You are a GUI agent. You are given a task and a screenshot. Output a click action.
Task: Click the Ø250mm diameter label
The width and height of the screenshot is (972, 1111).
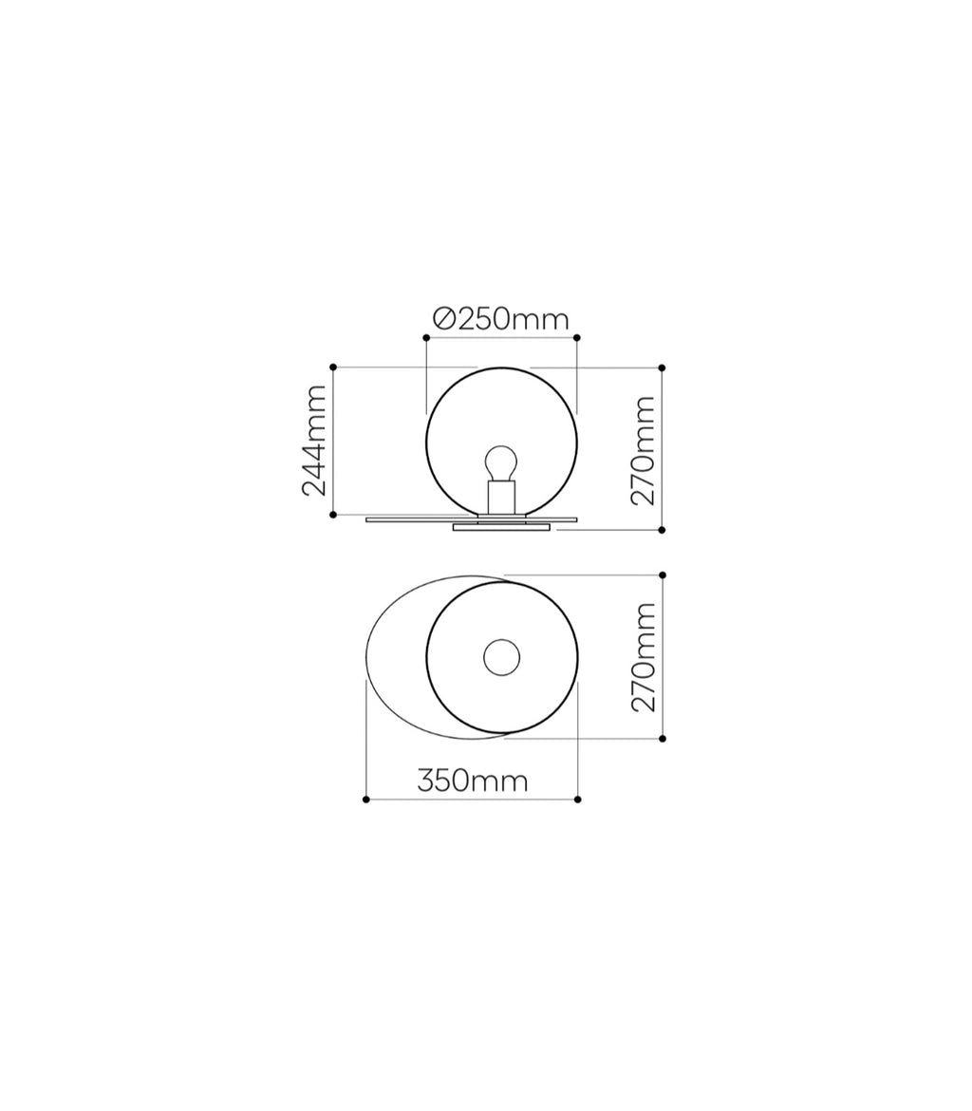tap(501, 320)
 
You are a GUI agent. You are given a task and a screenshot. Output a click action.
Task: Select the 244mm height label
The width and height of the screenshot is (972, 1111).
tap(314, 441)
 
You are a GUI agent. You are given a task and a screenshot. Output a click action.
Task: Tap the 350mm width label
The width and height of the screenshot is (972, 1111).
tap(473, 781)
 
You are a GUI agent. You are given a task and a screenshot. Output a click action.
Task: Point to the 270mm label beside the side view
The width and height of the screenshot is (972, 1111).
tap(643, 451)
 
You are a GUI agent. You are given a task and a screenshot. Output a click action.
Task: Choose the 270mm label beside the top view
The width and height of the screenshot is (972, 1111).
tap(643, 657)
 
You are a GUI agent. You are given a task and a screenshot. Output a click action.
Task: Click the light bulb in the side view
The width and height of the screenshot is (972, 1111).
tap(501, 463)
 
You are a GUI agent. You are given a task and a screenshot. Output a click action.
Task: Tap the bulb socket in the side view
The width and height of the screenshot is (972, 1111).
tap(501, 498)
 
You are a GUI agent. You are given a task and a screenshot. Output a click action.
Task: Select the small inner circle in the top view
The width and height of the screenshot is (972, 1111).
tap(501, 657)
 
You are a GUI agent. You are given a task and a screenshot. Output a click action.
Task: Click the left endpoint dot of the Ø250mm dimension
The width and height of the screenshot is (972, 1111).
tap(426, 338)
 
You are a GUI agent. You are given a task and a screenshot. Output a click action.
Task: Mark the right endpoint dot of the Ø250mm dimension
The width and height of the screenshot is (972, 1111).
tap(577, 338)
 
